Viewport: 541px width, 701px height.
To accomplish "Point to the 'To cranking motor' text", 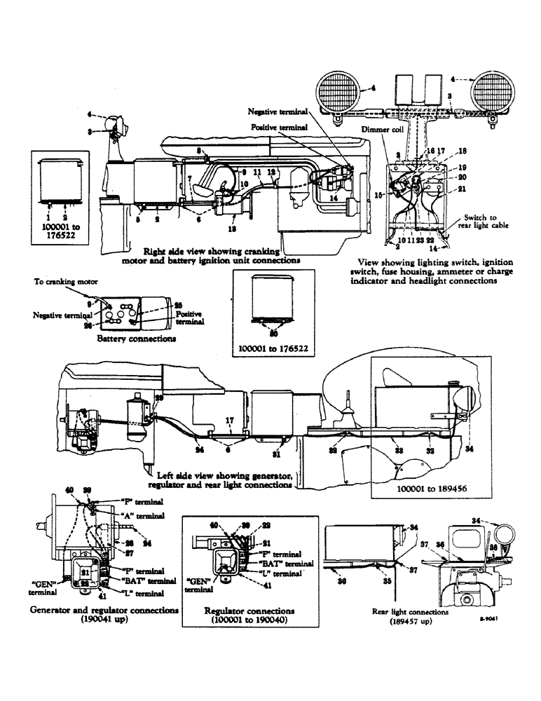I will click(x=64, y=281).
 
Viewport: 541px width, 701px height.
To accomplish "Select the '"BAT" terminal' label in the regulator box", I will click(x=287, y=563).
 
